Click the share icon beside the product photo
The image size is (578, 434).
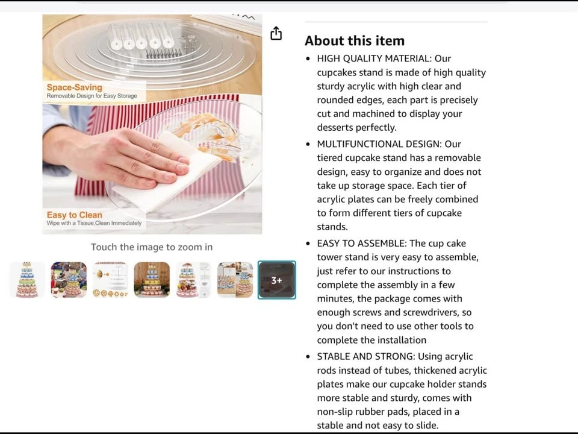[x=276, y=33]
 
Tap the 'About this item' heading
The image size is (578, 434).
[x=355, y=40]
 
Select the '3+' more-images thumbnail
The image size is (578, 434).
[x=276, y=280]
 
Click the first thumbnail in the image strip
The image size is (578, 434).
[x=27, y=280]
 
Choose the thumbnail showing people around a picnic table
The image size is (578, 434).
[x=69, y=280]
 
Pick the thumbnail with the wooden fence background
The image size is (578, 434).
[x=152, y=280]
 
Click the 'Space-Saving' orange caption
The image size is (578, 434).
[x=75, y=87]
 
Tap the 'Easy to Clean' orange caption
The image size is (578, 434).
[x=75, y=215]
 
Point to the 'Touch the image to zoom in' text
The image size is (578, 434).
[x=152, y=247]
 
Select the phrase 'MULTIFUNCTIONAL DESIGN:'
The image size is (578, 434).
[x=379, y=144]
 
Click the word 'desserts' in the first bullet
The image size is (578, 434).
[x=336, y=128]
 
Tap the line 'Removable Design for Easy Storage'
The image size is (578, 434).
[x=92, y=96]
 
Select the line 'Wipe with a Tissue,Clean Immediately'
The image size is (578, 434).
[x=94, y=223]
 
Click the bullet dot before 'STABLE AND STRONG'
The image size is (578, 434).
[x=308, y=357]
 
